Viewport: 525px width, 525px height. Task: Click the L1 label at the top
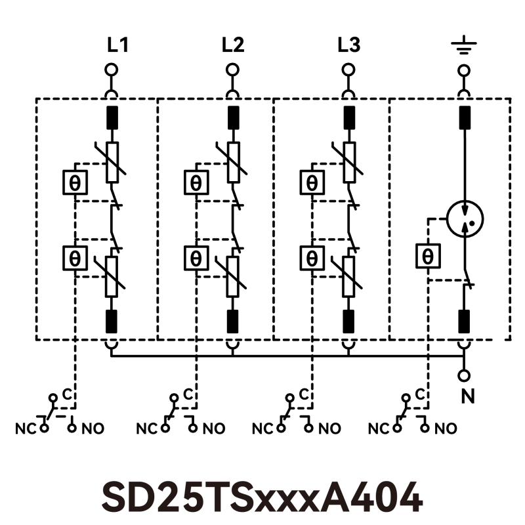(x=117, y=45)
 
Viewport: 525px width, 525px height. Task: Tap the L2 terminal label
(x=233, y=45)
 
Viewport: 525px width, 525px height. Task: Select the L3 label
(x=348, y=45)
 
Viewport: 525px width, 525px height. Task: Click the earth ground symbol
(x=464, y=46)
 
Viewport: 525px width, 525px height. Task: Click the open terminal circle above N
(x=465, y=376)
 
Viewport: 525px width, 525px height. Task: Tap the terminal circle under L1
(x=112, y=70)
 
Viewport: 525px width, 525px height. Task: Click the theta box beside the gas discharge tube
(x=427, y=255)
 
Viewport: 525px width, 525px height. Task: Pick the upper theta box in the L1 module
(x=75, y=182)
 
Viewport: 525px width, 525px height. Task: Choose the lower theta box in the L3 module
(x=312, y=257)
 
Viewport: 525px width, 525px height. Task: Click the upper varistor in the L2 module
(x=233, y=161)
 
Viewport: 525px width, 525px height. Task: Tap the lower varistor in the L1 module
(x=112, y=276)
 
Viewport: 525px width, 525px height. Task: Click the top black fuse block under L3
(x=348, y=116)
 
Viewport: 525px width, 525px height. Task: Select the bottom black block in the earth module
(x=465, y=322)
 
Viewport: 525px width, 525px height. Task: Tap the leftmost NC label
(x=24, y=429)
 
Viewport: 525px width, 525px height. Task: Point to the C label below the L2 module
(x=188, y=394)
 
